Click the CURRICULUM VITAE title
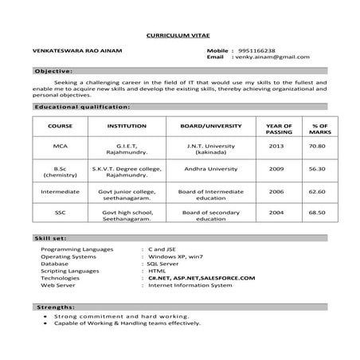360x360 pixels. pos(179,36)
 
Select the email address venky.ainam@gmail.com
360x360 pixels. pos(271,57)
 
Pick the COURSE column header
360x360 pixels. pos(61,126)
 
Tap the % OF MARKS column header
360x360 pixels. pos(318,129)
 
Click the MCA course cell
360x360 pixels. pos(61,147)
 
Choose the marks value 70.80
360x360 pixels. pos(318,147)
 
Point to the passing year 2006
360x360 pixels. pos(276,191)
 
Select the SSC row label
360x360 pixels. pos(61,213)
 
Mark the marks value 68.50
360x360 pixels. pos(318,213)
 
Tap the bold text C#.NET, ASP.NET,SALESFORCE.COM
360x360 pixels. pos(201,277)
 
